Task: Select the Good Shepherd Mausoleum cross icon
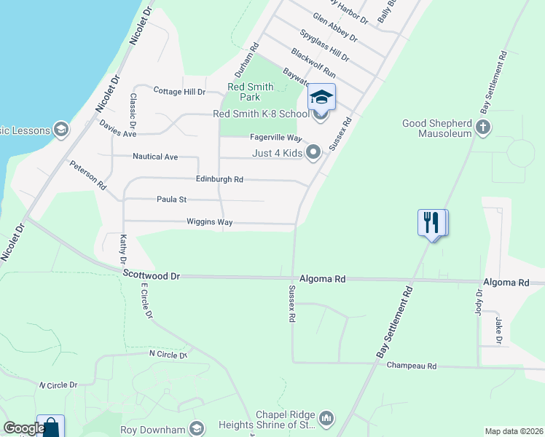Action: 482,128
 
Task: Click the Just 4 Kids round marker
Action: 314,152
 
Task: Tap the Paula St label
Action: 172,200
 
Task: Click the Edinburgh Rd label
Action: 219,179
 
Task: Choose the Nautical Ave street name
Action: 155,157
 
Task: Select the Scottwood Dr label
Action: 151,275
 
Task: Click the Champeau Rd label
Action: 411,366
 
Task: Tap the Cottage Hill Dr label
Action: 180,91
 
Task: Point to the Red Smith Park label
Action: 250,92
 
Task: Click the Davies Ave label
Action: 118,129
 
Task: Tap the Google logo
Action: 23,428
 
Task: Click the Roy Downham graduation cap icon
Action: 196,428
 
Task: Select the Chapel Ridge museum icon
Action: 326,418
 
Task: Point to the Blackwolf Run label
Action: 313,63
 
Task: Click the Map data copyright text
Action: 514,431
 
